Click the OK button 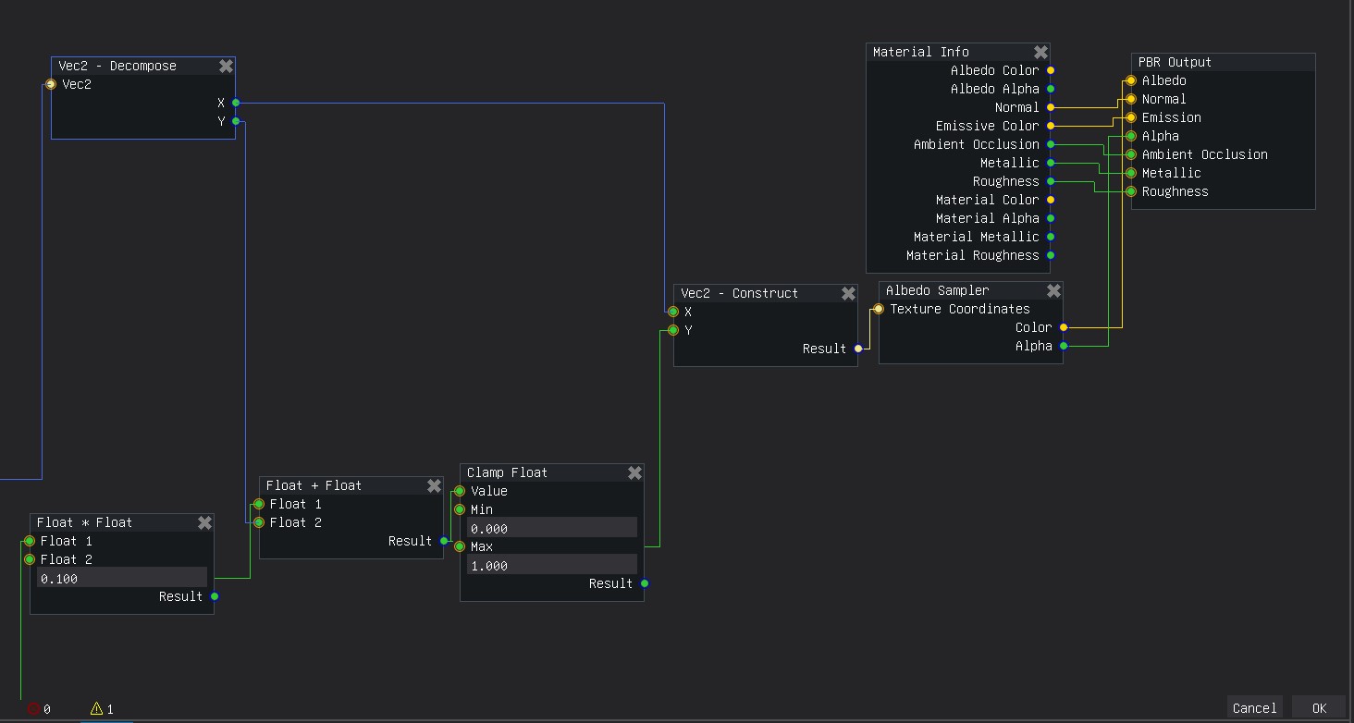[1319, 708]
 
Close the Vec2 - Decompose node [226, 66]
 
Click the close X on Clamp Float [634, 472]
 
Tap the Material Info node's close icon [1040, 52]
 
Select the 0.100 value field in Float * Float [122, 578]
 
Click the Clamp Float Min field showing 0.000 [552, 528]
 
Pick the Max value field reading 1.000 [552, 565]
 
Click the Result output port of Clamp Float [645, 583]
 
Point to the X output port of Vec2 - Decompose [236, 103]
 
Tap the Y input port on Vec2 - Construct [672, 330]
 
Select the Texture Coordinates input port [879, 309]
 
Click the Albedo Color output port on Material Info [1051, 70]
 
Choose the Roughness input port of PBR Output [1131, 191]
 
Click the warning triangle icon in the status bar [97, 708]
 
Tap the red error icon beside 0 [34, 708]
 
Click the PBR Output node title [1175, 62]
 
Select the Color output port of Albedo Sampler [1064, 327]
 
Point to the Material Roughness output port [1051, 255]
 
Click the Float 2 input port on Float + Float [259, 522]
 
